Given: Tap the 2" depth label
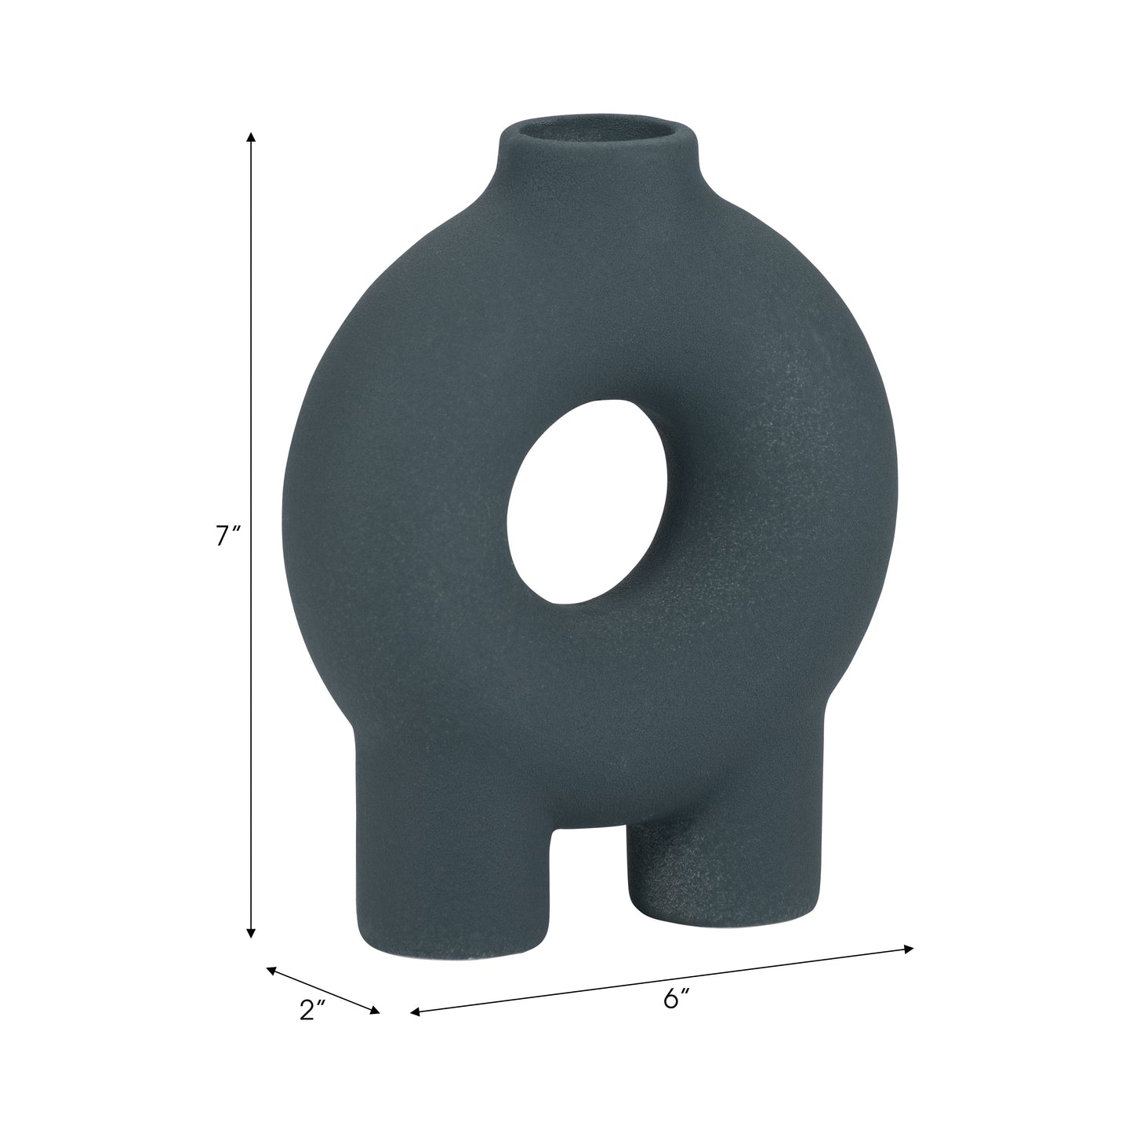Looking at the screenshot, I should [312, 1011].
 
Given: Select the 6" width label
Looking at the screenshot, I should [676, 998].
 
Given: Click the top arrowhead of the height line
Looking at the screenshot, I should [251, 137].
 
